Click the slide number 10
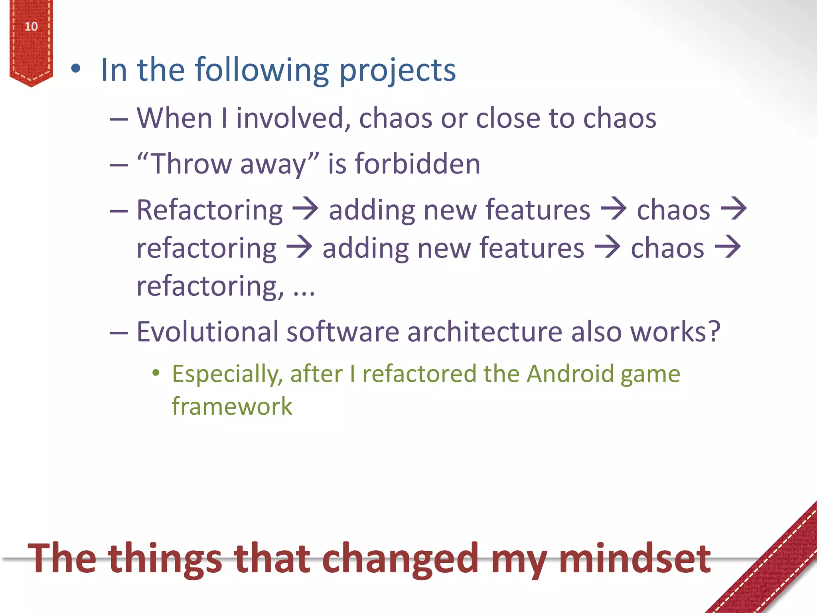pos(31,27)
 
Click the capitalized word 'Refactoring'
pos(209,211)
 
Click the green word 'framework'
pos(232,406)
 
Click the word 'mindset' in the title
pos(634,559)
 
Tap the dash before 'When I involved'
pos(119,119)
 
